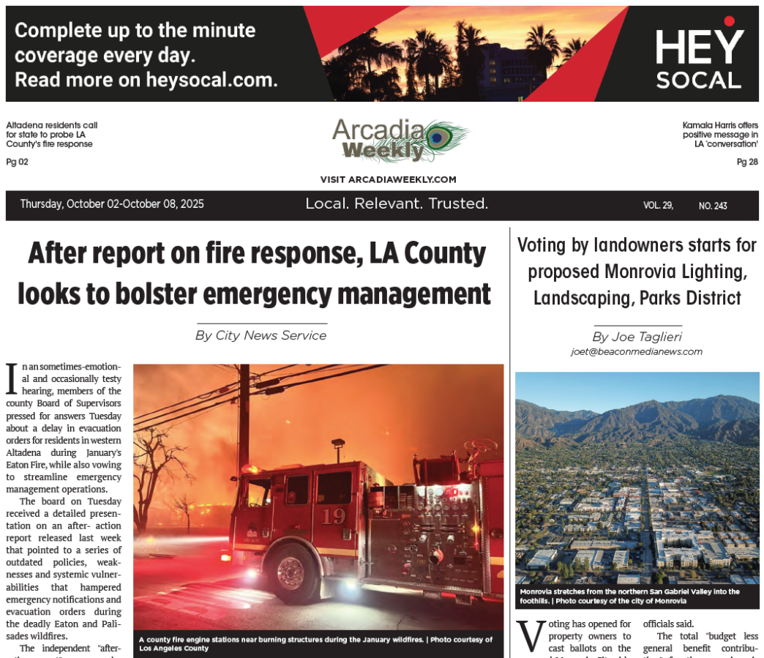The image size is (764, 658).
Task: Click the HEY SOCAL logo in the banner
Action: tap(698, 59)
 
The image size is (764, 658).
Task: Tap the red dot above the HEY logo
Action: tap(729, 21)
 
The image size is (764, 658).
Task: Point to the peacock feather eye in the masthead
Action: tap(438, 137)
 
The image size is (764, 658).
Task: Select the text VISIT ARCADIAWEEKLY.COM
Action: tap(388, 179)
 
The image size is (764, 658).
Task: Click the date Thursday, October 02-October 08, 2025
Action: tap(112, 204)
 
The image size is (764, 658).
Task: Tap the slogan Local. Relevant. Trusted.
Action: tap(397, 203)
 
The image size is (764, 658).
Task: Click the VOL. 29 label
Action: tap(658, 206)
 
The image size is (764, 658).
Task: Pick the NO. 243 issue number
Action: tap(713, 206)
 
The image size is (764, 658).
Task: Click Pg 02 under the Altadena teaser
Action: tap(17, 162)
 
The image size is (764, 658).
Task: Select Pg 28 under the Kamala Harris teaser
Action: tap(747, 162)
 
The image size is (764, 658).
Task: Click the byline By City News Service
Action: tap(261, 335)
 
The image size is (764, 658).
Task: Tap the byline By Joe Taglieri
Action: tap(637, 337)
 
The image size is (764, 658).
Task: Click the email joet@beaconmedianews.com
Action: tap(637, 352)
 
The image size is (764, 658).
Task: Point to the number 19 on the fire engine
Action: tap(333, 516)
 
